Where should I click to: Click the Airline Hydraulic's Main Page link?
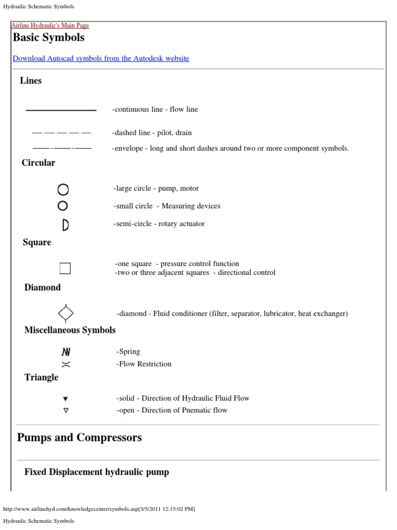coord(50,25)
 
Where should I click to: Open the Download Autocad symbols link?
coord(101,58)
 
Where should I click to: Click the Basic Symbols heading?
coord(49,38)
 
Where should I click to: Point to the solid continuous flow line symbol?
coord(61,110)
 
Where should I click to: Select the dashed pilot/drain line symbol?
coord(61,133)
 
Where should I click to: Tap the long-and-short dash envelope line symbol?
coord(61,149)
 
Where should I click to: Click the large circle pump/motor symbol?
coord(63,189)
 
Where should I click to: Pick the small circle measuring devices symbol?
coord(63,206)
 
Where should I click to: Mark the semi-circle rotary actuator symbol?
coord(65,225)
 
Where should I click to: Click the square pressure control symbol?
coord(65,268)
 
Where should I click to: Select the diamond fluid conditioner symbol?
coord(66,313)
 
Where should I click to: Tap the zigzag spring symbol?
coord(66,352)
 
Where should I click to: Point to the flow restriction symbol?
coord(66,364)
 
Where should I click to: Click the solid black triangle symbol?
coord(65,399)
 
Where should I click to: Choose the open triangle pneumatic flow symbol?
coord(66,410)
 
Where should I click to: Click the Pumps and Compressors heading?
coord(79,437)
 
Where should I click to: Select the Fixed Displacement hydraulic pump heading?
coord(97,472)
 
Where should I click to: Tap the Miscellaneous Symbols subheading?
coord(70,330)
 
